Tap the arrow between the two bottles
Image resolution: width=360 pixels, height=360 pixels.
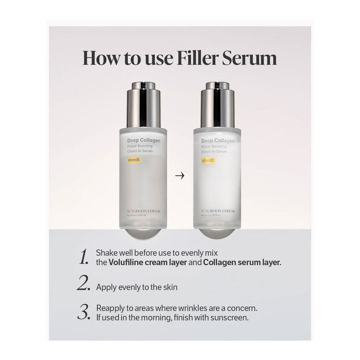pyautogui.click(x=180, y=175)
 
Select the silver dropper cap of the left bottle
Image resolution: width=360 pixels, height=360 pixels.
pyautogui.click(x=143, y=105)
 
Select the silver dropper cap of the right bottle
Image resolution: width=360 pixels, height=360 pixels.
pyautogui.click(x=217, y=105)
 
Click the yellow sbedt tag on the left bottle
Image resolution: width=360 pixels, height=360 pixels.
pyautogui.click(x=134, y=160)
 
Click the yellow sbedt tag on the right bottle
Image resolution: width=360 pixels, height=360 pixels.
pyautogui.click(x=208, y=160)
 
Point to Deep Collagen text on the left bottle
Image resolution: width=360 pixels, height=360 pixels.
pyautogui.click(x=143, y=141)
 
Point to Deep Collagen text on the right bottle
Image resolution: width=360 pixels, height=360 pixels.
pyautogui.click(x=217, y=141)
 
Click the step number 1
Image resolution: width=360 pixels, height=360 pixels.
pyautogui.click(x=84, y=257)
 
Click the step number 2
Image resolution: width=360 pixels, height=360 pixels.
pyautogui.click(x=83, y=283)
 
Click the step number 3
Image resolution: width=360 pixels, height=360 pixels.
pyautogui.click(x=83, y=312)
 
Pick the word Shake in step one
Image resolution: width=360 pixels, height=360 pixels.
pyautogui.click(x=106, y=252)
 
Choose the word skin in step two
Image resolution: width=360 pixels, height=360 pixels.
pyautogui.click(x=169, y=287)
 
